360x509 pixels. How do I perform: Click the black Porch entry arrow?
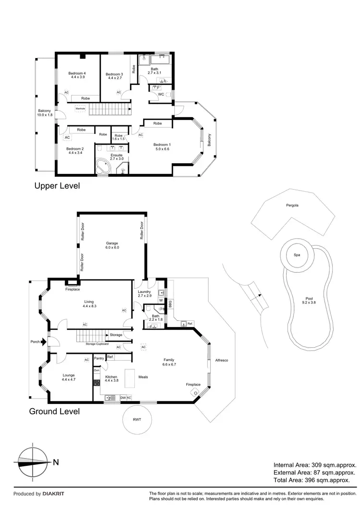[44, 342]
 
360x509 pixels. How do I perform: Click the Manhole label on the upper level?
[80, 109]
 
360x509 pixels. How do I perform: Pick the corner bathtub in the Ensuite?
[103, 168]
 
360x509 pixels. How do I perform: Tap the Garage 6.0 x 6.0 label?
[112, 245]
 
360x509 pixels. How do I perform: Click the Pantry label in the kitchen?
[99, 358]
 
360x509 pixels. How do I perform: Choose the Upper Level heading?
[57, 185]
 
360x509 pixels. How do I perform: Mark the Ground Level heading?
[54, 411]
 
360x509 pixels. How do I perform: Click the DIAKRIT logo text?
[53, 494]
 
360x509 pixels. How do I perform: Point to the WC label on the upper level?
[162, 94]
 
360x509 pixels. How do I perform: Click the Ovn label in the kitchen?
[96, 370]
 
